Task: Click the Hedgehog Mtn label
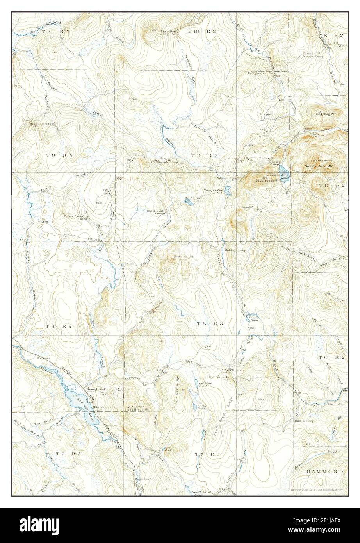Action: coord(327,114)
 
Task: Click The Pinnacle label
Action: coord(217,377)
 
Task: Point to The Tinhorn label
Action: coord(337,404)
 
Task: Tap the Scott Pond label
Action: coord(252,318)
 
